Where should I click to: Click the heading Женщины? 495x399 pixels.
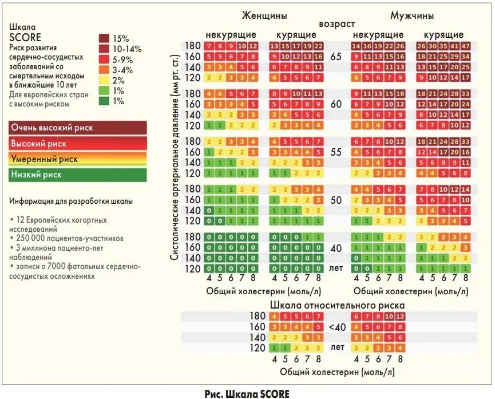[x=264, y=15]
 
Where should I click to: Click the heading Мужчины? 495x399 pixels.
[x=412, y=15]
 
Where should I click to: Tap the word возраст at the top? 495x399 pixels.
[x=337, y=24]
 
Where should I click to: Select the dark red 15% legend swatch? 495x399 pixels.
[x=104, y=38]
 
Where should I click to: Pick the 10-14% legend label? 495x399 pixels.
[x=127, y=49]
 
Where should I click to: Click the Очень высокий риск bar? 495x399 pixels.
[x=78, y=128]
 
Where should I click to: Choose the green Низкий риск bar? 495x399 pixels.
[x=78, y=175]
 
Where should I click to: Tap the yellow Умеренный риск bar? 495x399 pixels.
[x=78, y=159]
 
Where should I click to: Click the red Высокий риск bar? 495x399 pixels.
[x=78, y=144]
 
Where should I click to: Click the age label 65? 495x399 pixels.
[x=336, y=57]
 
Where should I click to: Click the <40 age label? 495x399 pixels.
[x=337, y=327]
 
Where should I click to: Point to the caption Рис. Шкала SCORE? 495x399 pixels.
[x=247, y=393]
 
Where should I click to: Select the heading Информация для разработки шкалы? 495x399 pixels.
[x=71, y=201]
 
